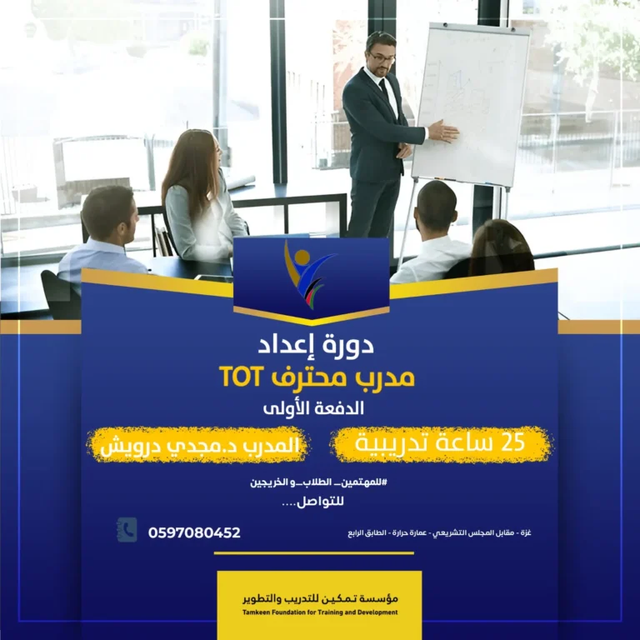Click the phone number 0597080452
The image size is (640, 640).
point(194,532)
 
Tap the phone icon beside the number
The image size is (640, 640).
point(127,530)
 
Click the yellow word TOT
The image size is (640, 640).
point(240,377)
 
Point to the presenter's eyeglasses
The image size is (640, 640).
point(382,58)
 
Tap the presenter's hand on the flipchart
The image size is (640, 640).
point(443,131)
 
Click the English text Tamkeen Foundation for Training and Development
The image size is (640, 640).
point(320,612)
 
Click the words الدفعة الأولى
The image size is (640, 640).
point(313,408)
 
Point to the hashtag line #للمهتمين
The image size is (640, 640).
point(319,482)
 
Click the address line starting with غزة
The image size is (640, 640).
point(440,533)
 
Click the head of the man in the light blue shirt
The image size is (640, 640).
point(108,212)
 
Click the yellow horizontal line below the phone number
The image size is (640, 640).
point(314,553)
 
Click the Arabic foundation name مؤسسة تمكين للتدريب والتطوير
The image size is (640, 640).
point(320,599)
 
